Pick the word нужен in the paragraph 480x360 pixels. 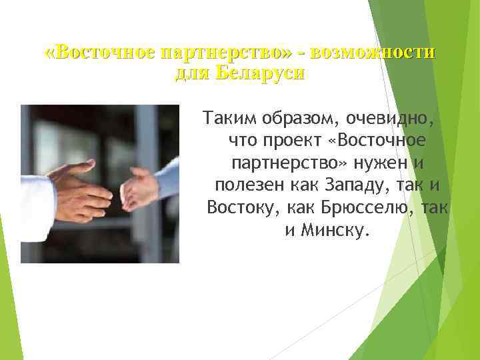385,163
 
